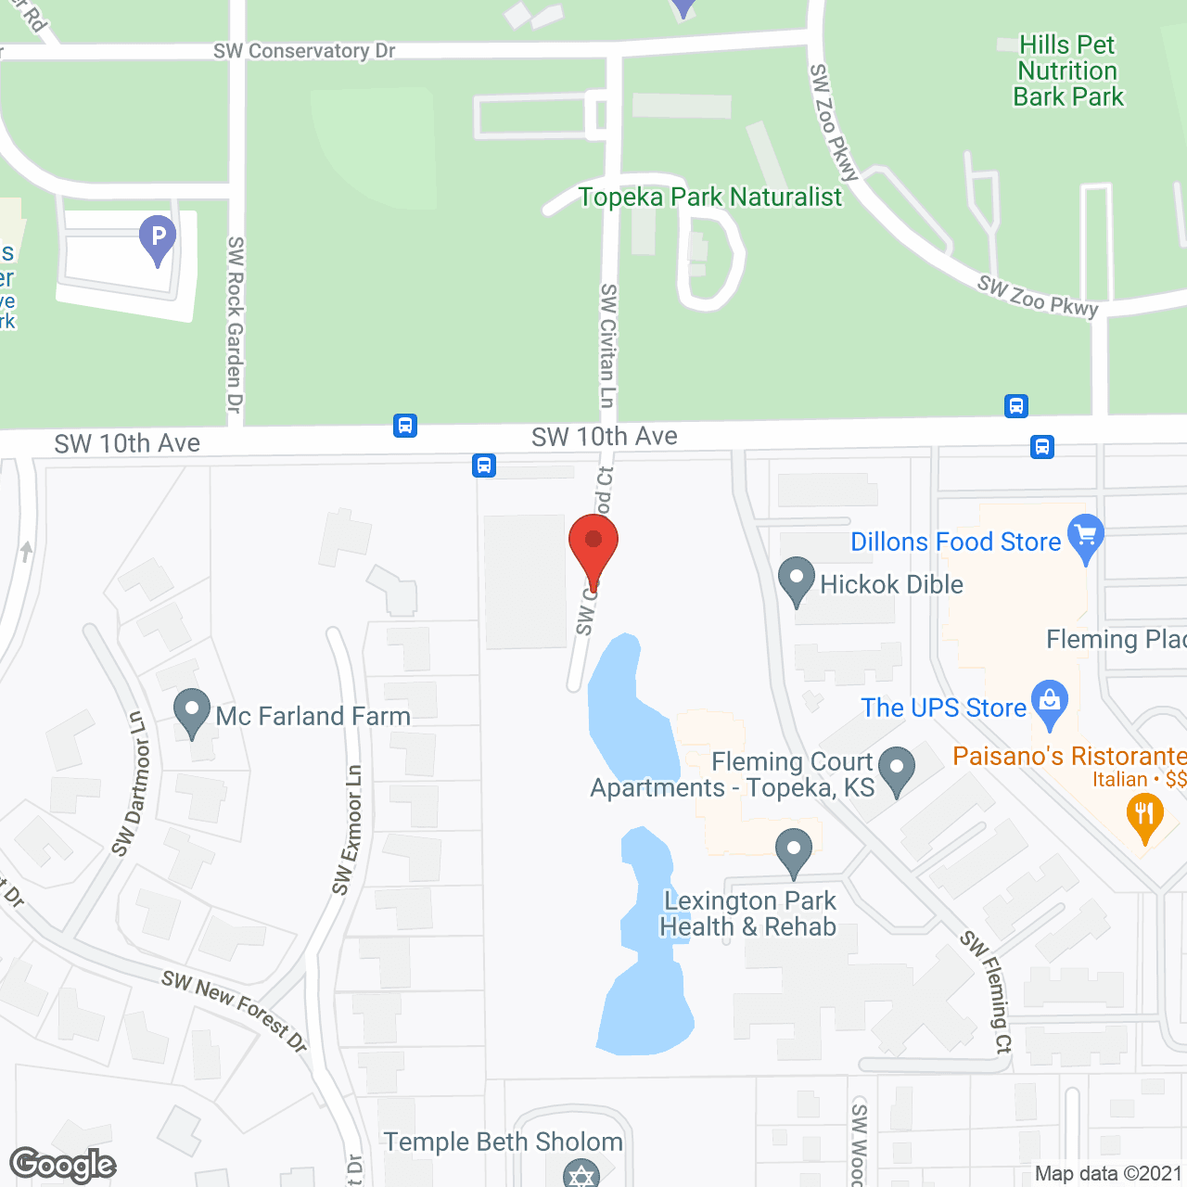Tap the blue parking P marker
pos(158,237)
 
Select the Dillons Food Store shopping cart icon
pos(1086,537)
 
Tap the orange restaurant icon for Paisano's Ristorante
pos(1144,817)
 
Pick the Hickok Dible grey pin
pos(797,580)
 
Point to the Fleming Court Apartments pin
pos(897,769)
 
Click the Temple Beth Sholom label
pos(504,1142)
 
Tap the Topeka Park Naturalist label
pos(710,197)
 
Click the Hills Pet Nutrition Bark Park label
pos(1067,71)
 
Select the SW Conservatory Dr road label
pos(304,51)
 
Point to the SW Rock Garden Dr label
pos(236,325)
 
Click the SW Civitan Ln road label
pos(607,345)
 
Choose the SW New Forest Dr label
pos(234,1010)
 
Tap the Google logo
pos(63,1165)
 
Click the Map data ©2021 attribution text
pos(1108,1174)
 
